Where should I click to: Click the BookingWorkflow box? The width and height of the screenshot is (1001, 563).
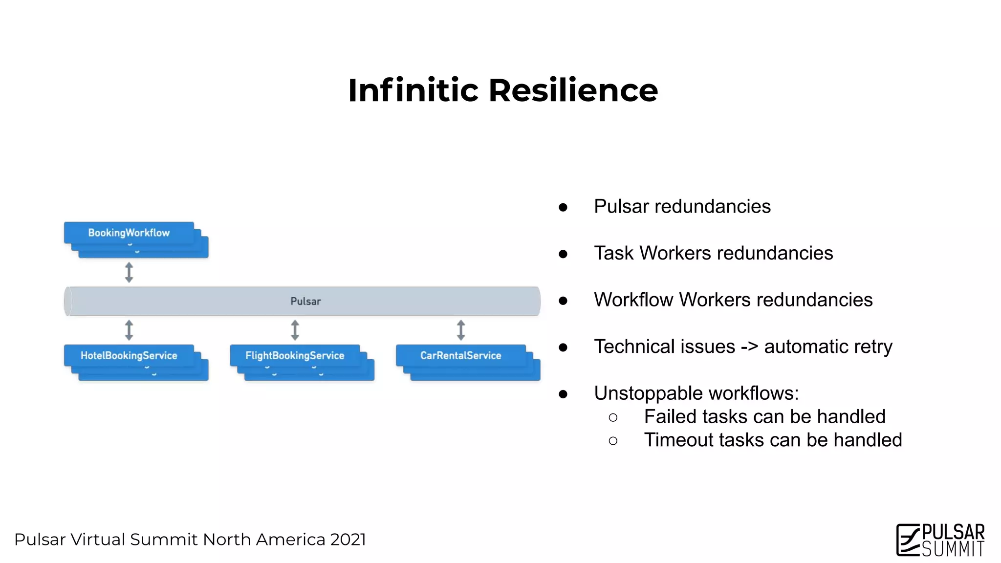pyautogui.click(x=129, y=233)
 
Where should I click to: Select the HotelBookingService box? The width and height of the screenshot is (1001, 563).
pyautogui.click(x=129, y=355)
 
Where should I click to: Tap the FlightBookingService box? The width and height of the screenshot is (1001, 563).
pyautogui.click(x=295, y=355)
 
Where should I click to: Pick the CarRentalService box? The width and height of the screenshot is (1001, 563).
pyautogui.click(x=460, y=355)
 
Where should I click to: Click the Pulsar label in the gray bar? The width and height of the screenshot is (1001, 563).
pyautogui.click(x=305, y=301)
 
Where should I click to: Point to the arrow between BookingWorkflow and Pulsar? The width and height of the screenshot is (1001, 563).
pyautogui.click(x=129, y=272)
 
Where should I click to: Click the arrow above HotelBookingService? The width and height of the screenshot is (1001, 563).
pyautogui.click(x=129, y=330)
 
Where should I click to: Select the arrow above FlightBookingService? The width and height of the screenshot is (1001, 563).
pyautogui.click(x=295, y=330)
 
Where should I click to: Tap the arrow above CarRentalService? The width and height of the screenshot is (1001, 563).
pyautogui.click(x=460, y=330)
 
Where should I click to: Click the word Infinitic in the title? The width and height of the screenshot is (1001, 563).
pyautogui.click(x=413, y=90)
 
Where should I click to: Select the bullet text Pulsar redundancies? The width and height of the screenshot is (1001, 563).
pyautogui.click(x=682, y=206)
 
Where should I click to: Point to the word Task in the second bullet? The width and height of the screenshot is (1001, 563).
pyautogui.click(x=614, y=253)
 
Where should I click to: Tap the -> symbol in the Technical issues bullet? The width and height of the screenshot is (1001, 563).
pyautogui.click(x=749, y=346)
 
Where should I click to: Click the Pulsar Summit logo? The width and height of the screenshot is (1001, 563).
pyautogui.click(x=940, y=540)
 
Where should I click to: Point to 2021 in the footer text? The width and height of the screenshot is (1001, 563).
pyautogui.click(x=348, y=540)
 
